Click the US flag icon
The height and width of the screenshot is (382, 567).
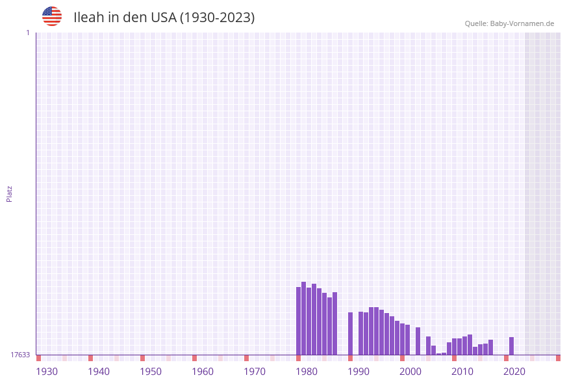[x=52, y=16]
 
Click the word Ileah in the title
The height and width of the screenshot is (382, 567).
[x=88, y=18]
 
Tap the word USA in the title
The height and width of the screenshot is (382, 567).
[x=163, y=18]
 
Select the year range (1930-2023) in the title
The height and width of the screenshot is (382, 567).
[x=217, y=18]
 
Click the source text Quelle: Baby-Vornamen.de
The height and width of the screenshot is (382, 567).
[x=509, y=23]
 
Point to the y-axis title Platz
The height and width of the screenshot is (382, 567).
[x=10, y=194]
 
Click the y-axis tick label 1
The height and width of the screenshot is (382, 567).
[x=27, y=33]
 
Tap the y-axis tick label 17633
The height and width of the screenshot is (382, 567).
[x=20, y=355]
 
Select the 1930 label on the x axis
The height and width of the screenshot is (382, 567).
[x=47, y=372]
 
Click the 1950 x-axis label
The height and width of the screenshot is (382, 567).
[x=151, y=372]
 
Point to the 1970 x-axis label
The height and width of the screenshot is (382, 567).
[x=255, y=372]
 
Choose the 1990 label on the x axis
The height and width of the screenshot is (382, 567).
[x=359, y=372]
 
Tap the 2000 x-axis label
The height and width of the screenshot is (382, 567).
[x=410, y=372]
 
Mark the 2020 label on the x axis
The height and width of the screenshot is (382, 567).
[x=514, y=372]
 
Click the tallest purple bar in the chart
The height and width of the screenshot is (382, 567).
[x=304, y=318]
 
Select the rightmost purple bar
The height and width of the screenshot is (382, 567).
[x=512, y=346]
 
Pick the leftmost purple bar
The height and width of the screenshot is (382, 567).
[x=299, y=321]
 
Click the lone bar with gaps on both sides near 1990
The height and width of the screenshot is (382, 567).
[x=351, y=333]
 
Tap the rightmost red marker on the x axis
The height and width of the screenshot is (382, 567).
[x=558, y=358]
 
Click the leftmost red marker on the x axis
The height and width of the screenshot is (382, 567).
[x=39, y=358]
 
